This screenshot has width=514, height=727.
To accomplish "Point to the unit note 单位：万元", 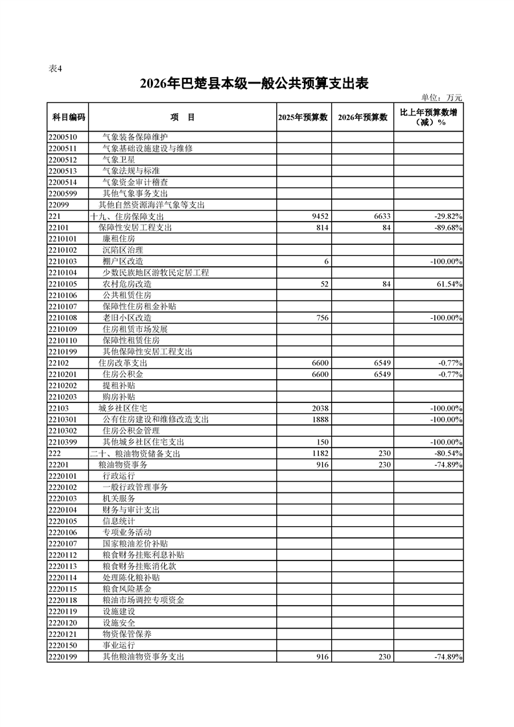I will coord(441,97).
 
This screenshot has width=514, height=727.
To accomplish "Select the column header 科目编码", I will coord(67,117).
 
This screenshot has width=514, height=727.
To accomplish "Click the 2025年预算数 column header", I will coord(304,117).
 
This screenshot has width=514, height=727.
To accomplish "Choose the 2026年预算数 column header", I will coord(363,117).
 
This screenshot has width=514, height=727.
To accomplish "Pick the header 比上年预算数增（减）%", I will coord(428,117).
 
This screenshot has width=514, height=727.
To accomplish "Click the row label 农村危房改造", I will coord(127,284).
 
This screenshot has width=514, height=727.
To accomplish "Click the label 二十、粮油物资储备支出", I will coord(135,454).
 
